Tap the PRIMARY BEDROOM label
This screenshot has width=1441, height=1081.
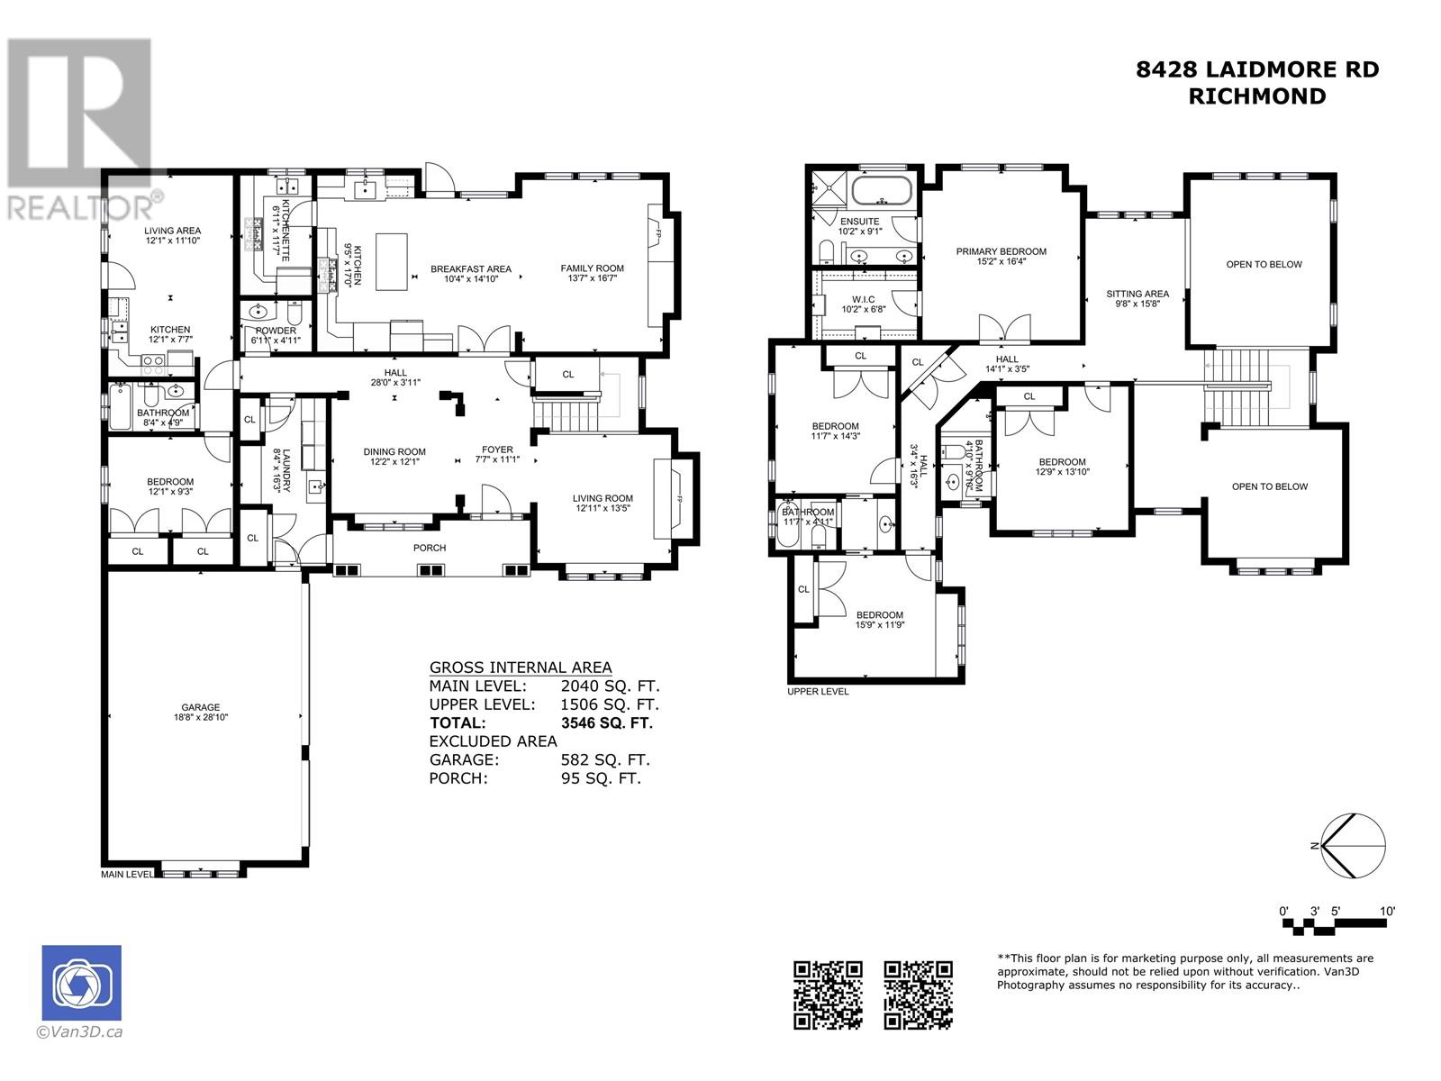coord(1001,252)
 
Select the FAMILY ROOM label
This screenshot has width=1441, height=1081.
coord(592,268)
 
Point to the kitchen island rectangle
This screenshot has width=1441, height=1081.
coord(390,261)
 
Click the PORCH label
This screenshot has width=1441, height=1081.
coord(430,548)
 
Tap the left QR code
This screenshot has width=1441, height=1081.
coord(828,995)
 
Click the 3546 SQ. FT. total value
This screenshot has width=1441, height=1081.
coord(606,722)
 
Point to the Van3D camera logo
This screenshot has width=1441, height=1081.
coord(81,984)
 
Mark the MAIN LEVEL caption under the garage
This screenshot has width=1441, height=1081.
coord(127,875)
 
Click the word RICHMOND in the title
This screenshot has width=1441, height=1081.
coord(1257,97)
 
